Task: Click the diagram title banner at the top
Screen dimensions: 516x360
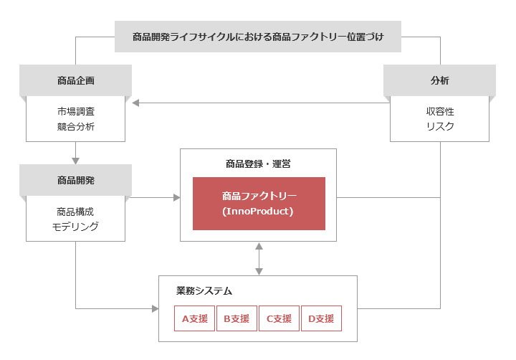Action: pos(258,37)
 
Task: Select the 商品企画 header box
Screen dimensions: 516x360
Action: pos(76,80)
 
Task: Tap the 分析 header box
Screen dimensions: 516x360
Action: pos(439,80)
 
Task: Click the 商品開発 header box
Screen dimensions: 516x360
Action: pos(76,180)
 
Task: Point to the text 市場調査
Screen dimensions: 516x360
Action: pos(76,112)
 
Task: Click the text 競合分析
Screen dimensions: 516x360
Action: pos(76,126)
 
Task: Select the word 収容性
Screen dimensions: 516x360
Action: pos(440,112)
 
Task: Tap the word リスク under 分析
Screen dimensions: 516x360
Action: pos(440,126)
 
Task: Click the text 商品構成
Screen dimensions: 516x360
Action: pos(75,212)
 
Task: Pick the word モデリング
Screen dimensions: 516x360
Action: pos(75,227)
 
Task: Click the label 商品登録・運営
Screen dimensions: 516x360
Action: pos(258,164)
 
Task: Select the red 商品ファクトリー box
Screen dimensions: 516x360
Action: pos(259,204)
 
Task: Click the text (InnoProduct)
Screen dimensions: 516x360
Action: pos(258,211)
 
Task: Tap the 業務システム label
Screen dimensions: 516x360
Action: pos(204,291)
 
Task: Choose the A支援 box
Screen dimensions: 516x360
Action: pos(194,318)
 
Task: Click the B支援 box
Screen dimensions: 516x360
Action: pos(236,318)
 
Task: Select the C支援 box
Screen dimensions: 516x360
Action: pos(279,318)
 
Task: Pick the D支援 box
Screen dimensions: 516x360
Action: pos(321,318)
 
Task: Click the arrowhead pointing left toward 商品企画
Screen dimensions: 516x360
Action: pos(135,103)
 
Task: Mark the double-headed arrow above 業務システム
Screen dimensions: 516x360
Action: pos(259,259)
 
